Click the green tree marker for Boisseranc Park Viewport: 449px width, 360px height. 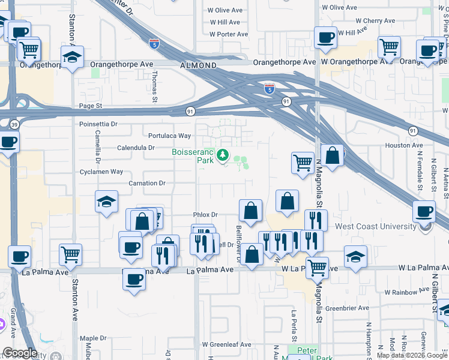click(x=223, y=156)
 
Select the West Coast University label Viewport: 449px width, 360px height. click(x=375, y=226)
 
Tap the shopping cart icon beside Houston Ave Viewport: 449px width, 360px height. click(x=303, y=161)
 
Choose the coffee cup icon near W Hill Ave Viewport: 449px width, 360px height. click(x=326, y=37)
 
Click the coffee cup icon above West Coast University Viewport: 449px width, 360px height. click(x=424, y=211)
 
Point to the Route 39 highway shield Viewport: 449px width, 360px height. click(x=14, y=124)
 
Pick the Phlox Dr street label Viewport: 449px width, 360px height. click(x=205, y=215)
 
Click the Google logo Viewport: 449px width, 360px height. click(x=20, y=352)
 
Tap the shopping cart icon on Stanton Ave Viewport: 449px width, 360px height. click(x=70, y=254)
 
